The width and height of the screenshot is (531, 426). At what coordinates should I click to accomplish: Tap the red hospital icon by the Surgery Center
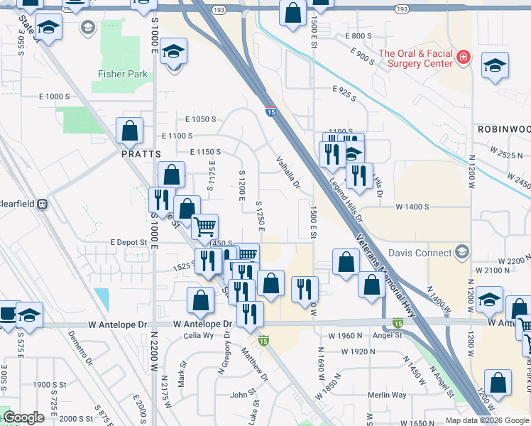[x=464, y=55]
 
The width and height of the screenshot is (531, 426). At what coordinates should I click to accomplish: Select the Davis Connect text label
[x=420, y=253]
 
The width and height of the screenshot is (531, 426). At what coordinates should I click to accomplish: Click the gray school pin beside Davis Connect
[x=463, y=252]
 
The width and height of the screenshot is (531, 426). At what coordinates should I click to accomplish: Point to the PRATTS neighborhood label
[x=141, y=153]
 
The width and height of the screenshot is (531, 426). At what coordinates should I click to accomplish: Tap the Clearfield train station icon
[x=43, y=204]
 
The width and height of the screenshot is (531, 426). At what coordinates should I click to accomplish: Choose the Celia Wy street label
[x=198, y=336]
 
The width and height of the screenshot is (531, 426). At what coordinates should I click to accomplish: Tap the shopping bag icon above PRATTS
[x=130, y=131]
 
